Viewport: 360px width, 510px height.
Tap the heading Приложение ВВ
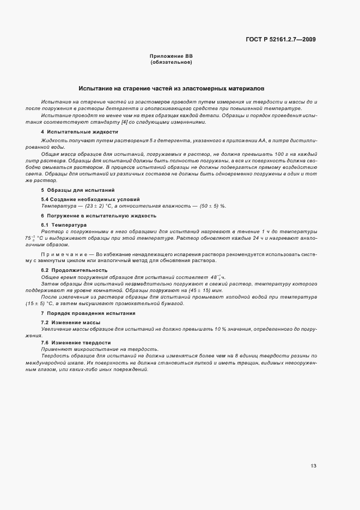point(171,57)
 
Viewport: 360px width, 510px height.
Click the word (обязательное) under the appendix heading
point(171,63)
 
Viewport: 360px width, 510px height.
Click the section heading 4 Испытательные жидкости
point(71,132)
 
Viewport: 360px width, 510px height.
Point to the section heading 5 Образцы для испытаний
point(70,190)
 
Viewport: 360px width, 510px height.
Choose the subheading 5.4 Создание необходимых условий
point(83,200)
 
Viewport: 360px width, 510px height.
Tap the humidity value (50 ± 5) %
point(212,206)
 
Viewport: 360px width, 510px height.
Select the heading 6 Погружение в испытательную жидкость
point(89,216)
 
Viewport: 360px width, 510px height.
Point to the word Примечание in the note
point(64,254)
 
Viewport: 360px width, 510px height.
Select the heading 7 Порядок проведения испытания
point(83,314)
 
